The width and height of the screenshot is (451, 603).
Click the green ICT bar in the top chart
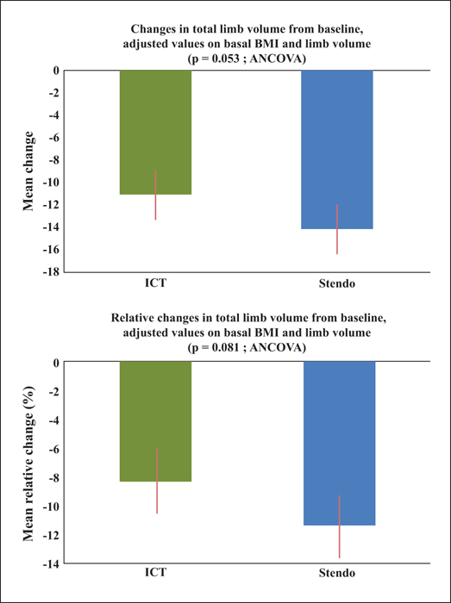pyautogui.click(x=155, y=133)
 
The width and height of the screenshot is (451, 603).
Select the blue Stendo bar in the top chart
pyautogui.click(x=336, y=150)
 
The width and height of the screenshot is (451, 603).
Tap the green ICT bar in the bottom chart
pyautogui.click(x=155, y=421)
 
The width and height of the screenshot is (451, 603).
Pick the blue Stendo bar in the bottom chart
pyautogui.click(x=340, y=444)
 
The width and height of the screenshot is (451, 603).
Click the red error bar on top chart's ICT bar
pyautogui.click(x=155, y=195)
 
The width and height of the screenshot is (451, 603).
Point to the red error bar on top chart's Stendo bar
pyautogui.click(x=337, y=229)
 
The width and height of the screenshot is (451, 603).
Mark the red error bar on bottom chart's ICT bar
pyautogui.click(x=157, y=481)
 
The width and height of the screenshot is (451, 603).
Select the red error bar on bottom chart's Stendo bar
pyautogui.click(x=340, y=527)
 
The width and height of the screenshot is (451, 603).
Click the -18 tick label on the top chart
pyautogui.click(x=52, y=272)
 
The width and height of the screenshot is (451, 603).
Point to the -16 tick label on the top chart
pyautogui.click(x=52, y=250)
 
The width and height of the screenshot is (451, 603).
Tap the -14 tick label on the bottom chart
pyautogui.click(x=52, y=563)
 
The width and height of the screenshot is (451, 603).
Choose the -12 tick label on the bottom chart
pyautogui.click(x=52, y=535)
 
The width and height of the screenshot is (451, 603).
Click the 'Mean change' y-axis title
pyautogui.click(x=28, y=171)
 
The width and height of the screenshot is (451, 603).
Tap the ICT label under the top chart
pyautogui.click(x=155, y=284)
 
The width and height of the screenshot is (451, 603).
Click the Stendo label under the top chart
pyautogui.click(x=336, y=284)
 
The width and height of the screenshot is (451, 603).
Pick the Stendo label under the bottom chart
pyautogui.click(x=336, y=573)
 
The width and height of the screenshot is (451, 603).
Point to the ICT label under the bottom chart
pyautogui.click(x=155, y=572)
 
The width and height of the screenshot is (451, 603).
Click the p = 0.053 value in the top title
pyautogui.click(x=216, y=60)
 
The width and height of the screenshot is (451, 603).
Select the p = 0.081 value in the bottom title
pyautogui.click(x=216, y=348)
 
